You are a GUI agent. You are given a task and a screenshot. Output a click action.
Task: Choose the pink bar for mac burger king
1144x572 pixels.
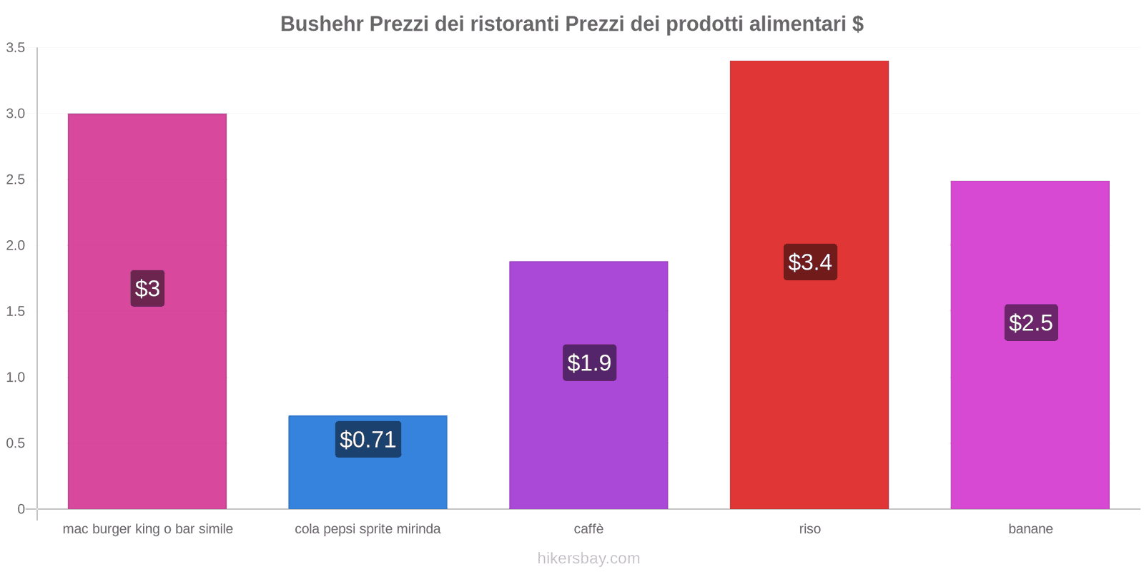tap(147, 393)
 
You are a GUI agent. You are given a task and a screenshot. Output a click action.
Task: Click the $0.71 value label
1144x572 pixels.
tap(368, 439)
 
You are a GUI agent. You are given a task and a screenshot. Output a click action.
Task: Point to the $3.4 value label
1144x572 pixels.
tap(809, 262)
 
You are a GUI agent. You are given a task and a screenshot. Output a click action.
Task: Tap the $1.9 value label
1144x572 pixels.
tap(589, 363)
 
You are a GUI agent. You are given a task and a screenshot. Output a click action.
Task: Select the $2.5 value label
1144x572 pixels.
tap(1030, 322)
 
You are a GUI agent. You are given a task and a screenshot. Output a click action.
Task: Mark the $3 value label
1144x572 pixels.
tap(147, 288)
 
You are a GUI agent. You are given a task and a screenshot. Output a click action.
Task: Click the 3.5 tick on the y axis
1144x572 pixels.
tap(16, 48)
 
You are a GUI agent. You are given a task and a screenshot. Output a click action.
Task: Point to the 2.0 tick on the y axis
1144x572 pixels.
tap(16, 245)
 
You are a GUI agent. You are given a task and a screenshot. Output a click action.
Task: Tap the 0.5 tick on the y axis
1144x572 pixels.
tap(16, 443)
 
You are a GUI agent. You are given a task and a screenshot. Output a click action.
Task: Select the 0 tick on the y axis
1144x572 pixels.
tap(21, 509)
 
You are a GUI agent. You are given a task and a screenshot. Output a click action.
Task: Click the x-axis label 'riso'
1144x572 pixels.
tap(809, 529)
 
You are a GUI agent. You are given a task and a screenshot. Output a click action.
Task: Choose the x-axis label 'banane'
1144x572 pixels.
tap(1030, 529)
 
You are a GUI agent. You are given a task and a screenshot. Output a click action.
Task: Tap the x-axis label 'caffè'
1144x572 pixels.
tap(588, 529)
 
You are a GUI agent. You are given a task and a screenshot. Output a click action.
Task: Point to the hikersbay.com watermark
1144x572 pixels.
tap(588, 558)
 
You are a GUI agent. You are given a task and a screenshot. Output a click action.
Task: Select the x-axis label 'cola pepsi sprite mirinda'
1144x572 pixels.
tap(368, 529)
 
